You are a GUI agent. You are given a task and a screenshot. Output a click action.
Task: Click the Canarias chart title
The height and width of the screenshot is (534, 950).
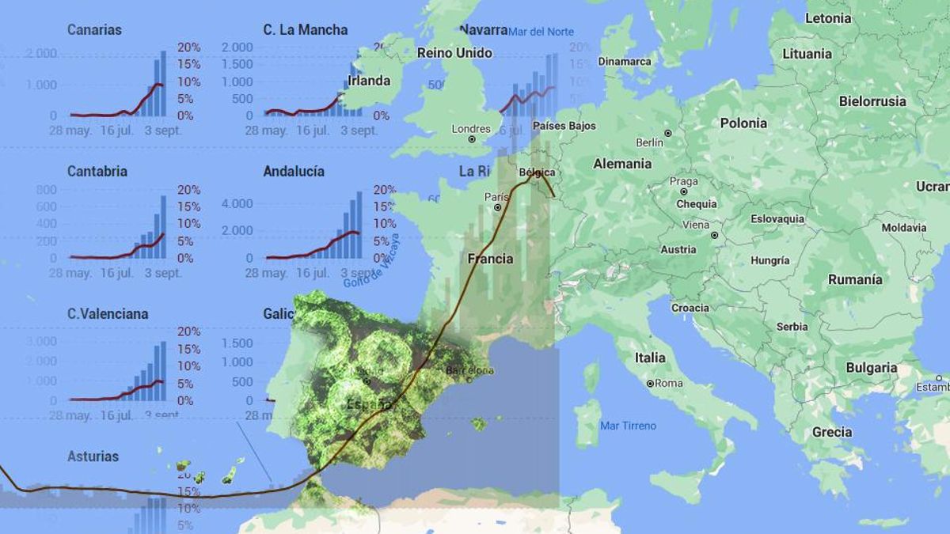pos(94,30)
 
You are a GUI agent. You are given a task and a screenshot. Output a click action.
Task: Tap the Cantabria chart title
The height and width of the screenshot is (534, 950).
pos(97,171)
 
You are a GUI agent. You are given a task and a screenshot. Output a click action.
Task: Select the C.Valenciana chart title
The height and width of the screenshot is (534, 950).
pos(108,313)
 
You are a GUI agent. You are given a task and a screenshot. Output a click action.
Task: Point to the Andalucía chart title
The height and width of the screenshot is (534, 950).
pos(294,171)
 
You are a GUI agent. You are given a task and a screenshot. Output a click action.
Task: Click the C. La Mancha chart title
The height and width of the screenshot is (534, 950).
pos(305,30)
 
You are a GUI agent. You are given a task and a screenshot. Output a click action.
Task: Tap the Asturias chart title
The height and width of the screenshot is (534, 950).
pos(93,456)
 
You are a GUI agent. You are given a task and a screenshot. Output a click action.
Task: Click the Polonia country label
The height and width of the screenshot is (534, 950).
pos(743,123)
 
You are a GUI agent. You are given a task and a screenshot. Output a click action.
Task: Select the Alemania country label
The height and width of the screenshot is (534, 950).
pos(622,164)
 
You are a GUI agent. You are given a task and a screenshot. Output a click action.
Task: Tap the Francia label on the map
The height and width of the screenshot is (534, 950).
pos(490,259)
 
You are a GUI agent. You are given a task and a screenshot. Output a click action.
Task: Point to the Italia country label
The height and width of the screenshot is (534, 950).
pos(650,358)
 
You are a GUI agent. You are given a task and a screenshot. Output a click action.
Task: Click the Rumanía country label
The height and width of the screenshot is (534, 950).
pos(855,279)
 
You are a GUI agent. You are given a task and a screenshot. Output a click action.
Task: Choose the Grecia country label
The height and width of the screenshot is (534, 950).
pos(832,432)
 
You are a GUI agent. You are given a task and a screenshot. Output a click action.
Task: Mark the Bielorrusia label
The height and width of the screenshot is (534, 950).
pos(872,101)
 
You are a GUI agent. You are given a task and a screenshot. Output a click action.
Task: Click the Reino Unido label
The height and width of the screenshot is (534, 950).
pos(454,53)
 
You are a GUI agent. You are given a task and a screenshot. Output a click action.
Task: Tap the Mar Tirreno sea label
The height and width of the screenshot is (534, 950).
pos(628,426)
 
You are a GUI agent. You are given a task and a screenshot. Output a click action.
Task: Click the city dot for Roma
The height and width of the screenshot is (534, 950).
pos(649,384)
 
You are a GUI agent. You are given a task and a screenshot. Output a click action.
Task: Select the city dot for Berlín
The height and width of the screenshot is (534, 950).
pos(668,133)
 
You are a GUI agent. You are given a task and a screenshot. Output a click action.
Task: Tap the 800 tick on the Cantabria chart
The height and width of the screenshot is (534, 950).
pos(47,189)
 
